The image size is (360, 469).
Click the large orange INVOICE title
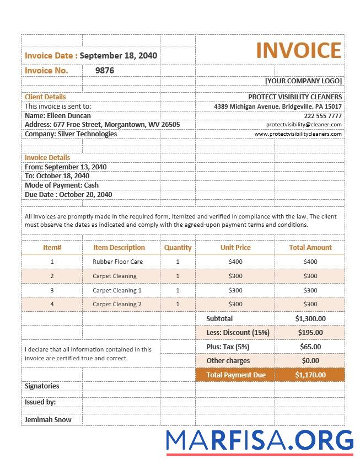[298, 50]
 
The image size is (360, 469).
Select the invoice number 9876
[105, 71]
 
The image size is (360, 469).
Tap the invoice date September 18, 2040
[119, 55]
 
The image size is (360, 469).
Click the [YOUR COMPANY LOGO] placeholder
[303, 81]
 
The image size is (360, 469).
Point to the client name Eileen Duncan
[58, 116]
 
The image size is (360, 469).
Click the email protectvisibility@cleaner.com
[303, 125]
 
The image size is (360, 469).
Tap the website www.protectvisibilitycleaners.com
[298, 134]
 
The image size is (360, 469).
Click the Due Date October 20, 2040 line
[68, 194]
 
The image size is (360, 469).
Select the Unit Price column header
[235, 248]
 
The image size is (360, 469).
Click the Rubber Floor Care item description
[118, 262]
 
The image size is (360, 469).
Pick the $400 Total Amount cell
[310, 262]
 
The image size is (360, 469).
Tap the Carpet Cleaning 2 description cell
[117, 304]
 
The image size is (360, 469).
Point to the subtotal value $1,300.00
[310, 318]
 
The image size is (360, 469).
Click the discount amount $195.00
[310, 332]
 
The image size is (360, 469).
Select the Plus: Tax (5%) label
[228, 347]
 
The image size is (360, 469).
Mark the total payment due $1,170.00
[310, 375]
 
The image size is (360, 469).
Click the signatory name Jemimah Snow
[48, 419]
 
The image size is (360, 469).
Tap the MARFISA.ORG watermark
[260, 440]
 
